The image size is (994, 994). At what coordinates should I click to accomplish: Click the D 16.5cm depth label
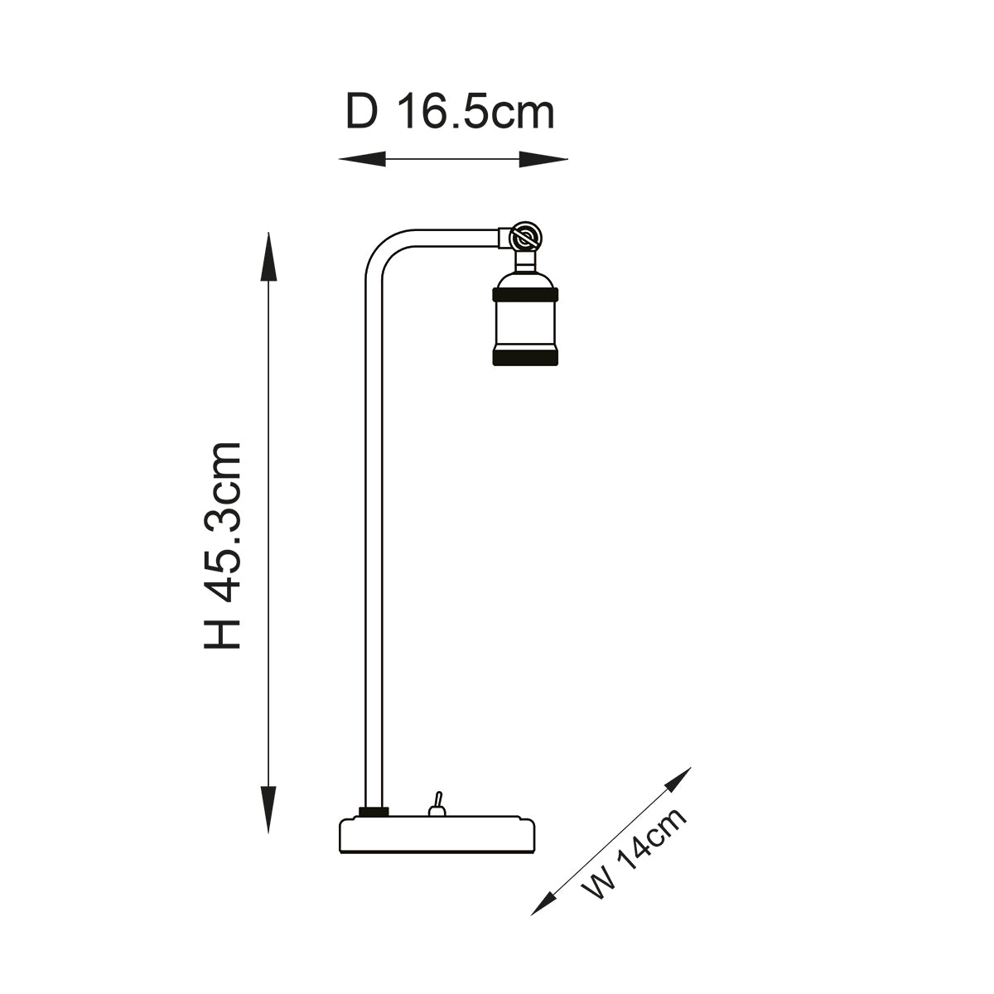click(450, 112)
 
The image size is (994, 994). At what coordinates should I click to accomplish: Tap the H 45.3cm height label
click(222, 545)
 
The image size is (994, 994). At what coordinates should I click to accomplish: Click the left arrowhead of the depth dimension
click(362, 159)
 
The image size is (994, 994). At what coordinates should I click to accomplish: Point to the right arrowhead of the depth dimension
click(543, 159)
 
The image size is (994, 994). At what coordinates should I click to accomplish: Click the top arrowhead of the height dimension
click(268, 257)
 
